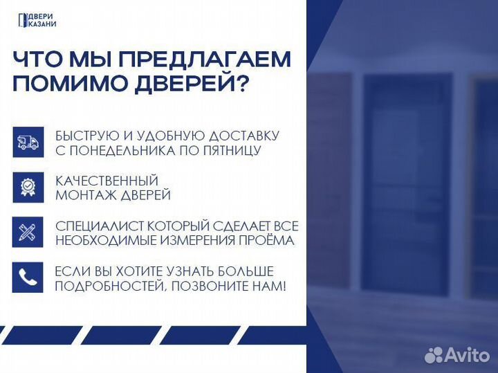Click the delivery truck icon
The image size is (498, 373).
pyautogui.click(x=28, y=143)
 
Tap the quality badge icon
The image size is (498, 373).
pyautogui.click(x=28, y=188)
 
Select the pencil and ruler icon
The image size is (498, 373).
pyautogui.click(x=28, y=233)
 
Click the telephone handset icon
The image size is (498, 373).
pyautogui.click(x=28, y=278)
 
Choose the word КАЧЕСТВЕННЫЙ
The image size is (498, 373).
pyautogui.click(x=107, y=181)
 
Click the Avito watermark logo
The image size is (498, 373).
pyautogui.click(x=456, y=354)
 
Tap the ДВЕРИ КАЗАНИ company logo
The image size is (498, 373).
pyautogui.click(x=37, y=21)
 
